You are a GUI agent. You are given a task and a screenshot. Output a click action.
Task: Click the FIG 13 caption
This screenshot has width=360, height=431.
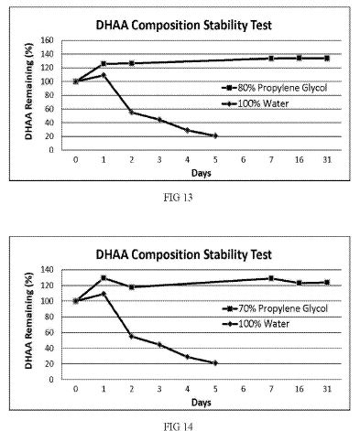click(178, 198)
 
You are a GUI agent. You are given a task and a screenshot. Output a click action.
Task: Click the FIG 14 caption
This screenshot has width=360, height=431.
click(178, 426)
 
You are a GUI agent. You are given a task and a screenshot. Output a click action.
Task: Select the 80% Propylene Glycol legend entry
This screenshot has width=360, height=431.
click(275, 88)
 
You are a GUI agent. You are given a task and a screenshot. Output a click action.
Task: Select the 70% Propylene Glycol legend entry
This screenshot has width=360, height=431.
click(275, 308)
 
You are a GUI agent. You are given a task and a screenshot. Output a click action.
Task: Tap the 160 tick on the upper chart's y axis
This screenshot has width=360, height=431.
click(48, 40)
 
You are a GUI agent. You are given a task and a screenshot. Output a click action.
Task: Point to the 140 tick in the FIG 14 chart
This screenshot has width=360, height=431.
click(48, 270)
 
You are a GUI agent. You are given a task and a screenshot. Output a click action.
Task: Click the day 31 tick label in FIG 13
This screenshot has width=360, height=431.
click(327, 159)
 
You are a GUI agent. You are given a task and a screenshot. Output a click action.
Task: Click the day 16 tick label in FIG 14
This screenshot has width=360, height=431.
click(300, 389)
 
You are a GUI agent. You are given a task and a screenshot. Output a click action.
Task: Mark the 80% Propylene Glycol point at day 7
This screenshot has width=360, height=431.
click(271, 59)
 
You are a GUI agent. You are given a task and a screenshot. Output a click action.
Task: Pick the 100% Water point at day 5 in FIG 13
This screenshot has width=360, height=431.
click(215, 135)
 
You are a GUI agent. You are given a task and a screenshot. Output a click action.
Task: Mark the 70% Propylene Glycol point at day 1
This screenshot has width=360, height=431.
click(104, 278)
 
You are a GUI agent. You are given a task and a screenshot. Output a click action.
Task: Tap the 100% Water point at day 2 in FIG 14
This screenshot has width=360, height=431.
click(132, 336)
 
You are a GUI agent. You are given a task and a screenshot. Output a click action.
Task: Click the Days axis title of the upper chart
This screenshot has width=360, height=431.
click(202, 173)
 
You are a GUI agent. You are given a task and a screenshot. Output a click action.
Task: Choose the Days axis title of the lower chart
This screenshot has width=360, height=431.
click(202, 403)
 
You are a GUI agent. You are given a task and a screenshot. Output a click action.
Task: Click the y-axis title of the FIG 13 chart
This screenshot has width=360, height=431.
click(28, 92)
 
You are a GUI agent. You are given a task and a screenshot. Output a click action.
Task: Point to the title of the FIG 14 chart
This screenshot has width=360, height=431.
click(184, 254)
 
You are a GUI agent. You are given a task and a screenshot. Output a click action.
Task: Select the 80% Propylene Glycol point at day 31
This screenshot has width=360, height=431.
click(327, 59)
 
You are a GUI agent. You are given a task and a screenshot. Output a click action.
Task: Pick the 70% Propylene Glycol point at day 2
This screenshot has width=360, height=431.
click(132, 287)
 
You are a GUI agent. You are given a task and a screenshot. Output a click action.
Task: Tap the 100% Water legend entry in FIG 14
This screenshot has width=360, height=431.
click(256, 324)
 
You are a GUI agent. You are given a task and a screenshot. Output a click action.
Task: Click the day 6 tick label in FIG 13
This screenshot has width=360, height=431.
click(243, 159)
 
